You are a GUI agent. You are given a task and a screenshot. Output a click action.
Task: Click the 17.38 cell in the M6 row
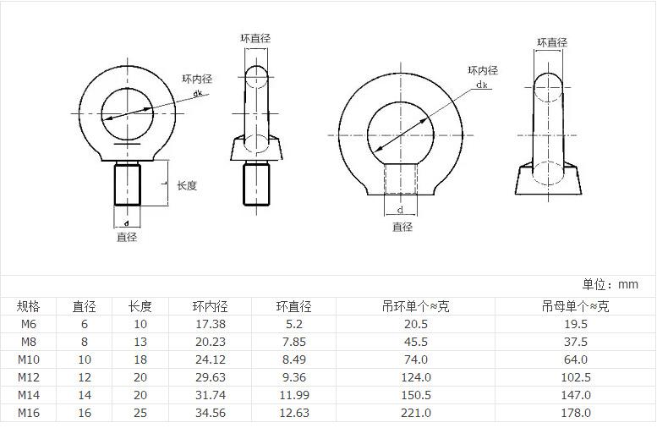pos(211,324)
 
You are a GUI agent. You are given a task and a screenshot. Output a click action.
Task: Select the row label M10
pos(29,359)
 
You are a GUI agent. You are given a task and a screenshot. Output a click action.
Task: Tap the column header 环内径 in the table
pos(211,306)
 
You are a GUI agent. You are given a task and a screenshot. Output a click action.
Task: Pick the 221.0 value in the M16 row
pos(416,413)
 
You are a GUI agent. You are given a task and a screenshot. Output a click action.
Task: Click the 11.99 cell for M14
pos(294,395)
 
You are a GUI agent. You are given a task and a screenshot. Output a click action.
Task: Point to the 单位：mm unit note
pos(610,285)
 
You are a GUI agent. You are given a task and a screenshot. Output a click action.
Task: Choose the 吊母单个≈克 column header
pos(575,306)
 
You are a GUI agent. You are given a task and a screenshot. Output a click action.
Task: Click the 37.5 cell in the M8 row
pos(576,342)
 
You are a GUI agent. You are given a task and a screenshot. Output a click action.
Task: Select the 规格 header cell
pos(29,306)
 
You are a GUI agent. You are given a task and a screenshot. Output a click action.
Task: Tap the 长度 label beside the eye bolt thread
pos(187,185)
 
